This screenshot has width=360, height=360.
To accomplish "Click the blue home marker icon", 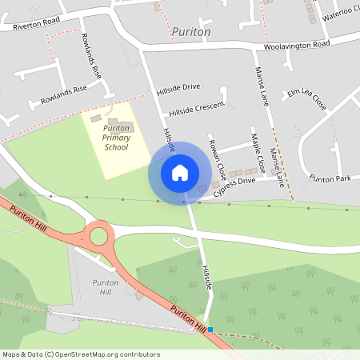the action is click(x=179, y=172).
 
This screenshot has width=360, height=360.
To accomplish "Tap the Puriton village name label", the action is click(x=191, y=32).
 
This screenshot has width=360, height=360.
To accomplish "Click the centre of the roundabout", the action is click(x=99, y=236).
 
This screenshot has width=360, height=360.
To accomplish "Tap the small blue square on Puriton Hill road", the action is click(x=210, y=329).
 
